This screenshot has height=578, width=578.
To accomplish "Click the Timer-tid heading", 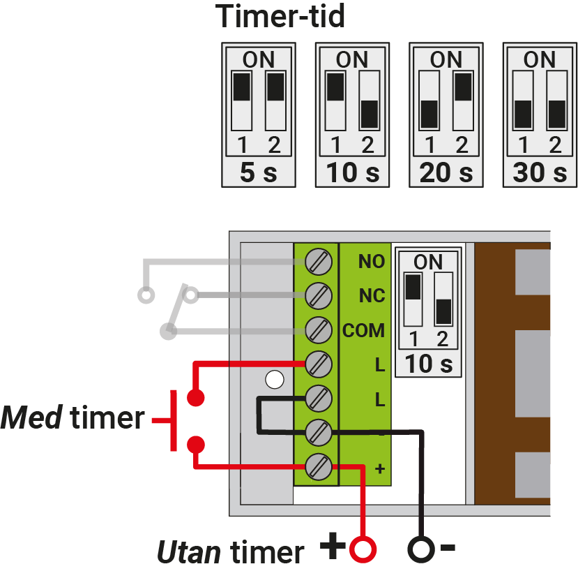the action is [x=280, y=16].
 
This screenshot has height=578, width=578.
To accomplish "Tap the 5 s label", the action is [x=259, y=172].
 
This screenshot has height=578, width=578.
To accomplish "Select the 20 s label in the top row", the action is [x=446, y=172].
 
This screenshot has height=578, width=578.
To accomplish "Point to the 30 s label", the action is [x=540, y=172].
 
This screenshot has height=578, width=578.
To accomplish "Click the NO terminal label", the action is [x=372, y=261].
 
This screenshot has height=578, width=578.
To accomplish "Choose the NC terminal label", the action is [x=372, y=296].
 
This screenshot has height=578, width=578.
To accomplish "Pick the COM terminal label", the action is [x=363, y=330].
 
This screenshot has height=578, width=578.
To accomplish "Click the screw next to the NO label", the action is [x=319, y=262].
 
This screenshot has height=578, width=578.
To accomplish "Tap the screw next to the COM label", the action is [x=319, y=330].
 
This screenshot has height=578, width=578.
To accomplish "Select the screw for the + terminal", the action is [x=319, y=467].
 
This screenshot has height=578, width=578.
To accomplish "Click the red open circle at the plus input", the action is [x=363, y=549].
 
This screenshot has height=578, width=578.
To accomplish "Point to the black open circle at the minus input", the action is [x=421, y=549].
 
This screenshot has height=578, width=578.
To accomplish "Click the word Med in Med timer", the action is [x=31, y=417].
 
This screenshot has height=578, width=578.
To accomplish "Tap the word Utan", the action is [x=189, y=551].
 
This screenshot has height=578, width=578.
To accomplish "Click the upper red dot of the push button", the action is [x=196, y=398].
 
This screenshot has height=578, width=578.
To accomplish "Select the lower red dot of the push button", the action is [x=196, y=445].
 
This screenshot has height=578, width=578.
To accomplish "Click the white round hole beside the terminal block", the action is [x=275, y=380].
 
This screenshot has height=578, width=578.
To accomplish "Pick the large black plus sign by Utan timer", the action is [x=333, y=545].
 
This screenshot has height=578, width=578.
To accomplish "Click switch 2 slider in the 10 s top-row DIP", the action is [x=370, y=114].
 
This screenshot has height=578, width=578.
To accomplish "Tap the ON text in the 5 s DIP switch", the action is [x=259, y=59].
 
